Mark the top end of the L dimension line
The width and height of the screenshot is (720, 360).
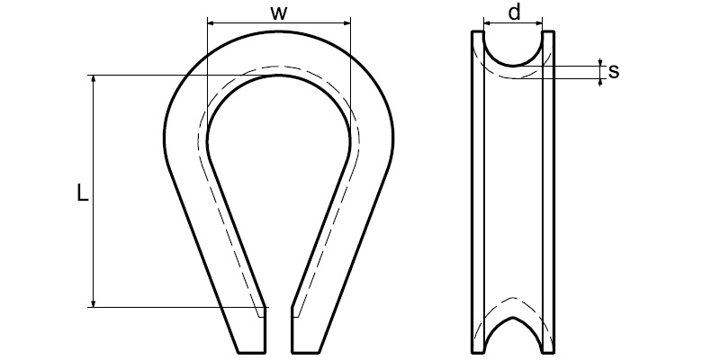point(94,75)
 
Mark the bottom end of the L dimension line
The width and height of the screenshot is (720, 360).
point(94,307)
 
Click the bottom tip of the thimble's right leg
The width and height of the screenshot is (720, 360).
point(304,350)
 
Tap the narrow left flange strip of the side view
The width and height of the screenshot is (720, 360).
point(478,189)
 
